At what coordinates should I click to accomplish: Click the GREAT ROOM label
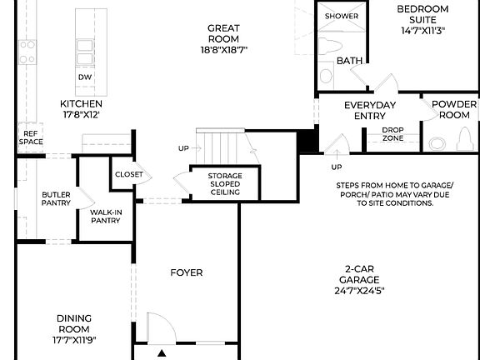click(223, 33)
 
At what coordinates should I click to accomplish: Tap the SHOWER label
click(341, 16)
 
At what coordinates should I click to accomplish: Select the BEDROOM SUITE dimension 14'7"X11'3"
click(423, 32)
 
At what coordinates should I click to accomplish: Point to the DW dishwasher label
click(85, 77)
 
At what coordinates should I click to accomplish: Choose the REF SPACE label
click(31, 137)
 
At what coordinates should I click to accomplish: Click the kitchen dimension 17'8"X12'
click(81, 115)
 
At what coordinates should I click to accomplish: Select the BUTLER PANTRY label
click(57, 198)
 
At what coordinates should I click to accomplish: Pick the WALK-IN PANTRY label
click(106, 217)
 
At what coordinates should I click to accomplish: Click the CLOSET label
click(129, 175)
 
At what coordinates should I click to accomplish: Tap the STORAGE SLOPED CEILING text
click(224, 184)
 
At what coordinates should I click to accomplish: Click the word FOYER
click(186, 272)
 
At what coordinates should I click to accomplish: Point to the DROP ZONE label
click(392, 133)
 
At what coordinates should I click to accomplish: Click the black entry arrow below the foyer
click(162, 353)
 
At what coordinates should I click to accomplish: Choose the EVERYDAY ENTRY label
click(370, 110)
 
